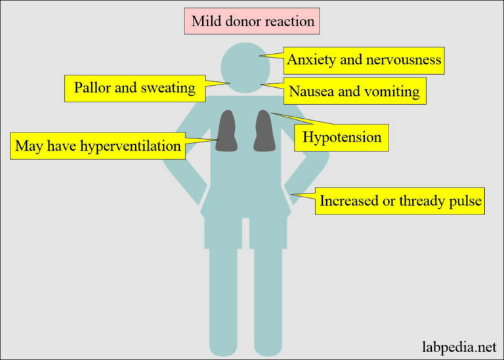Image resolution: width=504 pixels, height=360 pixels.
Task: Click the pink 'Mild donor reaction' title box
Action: [253, 22]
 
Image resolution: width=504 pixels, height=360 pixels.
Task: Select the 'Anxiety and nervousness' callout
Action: [364, 62]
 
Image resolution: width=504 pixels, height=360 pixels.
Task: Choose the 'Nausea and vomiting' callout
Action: [354, 91]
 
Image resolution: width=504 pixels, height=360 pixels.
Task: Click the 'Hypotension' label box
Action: [342, 138]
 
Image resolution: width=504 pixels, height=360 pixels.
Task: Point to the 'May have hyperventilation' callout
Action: [98, 146]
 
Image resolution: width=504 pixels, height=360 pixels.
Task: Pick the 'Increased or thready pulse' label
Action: [400, 201]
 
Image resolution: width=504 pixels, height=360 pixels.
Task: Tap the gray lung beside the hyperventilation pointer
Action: [227, 131]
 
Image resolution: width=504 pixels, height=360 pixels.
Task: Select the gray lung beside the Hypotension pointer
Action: [264, 130]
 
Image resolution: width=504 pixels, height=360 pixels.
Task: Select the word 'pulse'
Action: [465, 201]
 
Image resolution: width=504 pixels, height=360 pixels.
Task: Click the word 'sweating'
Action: [167, 88]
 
